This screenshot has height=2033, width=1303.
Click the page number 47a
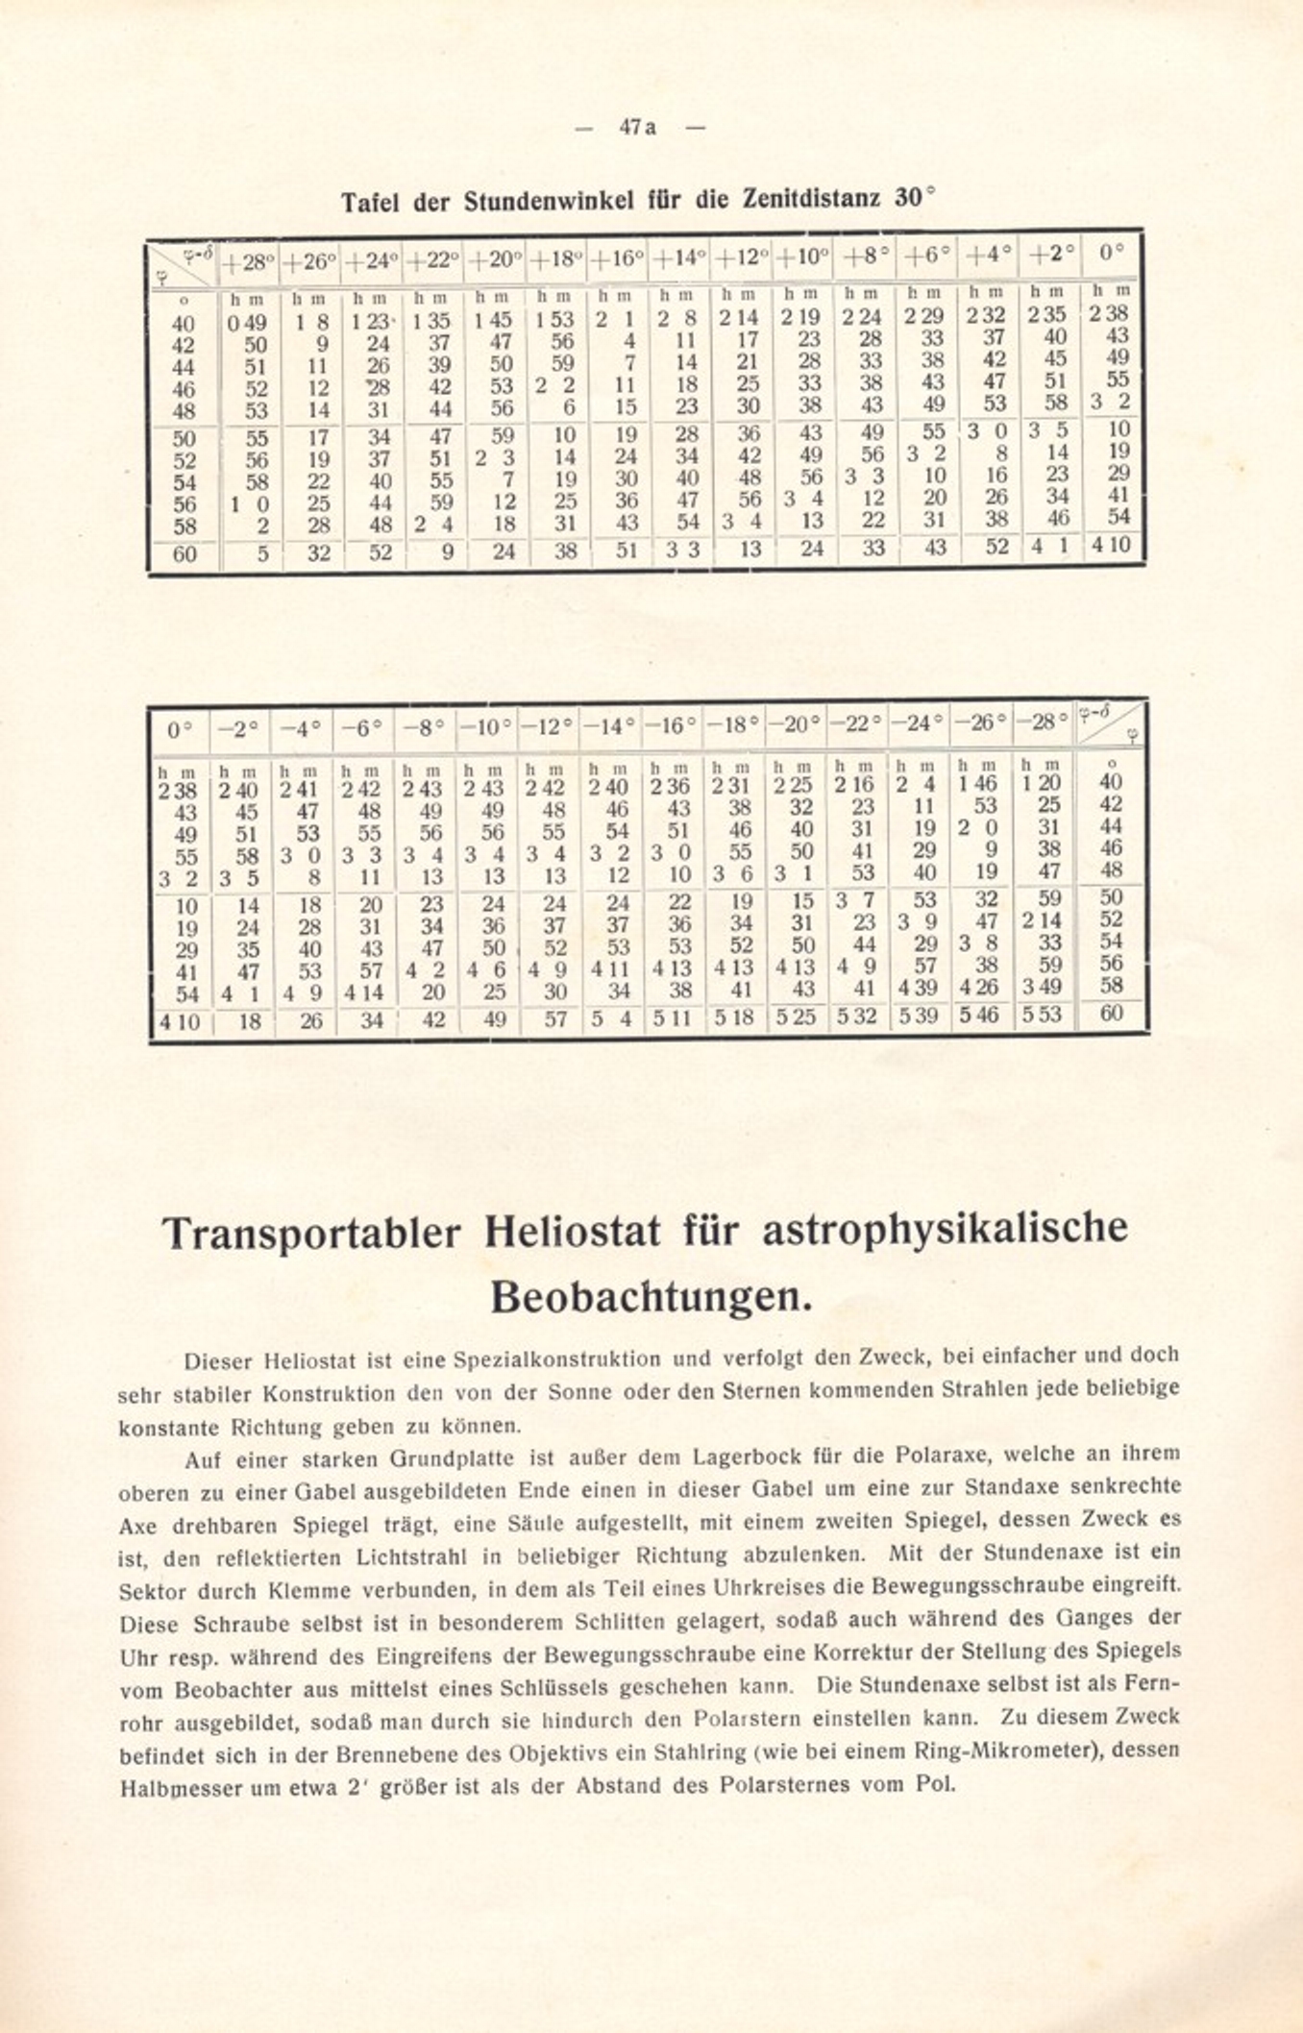pyautogui.click(x=638, y=127)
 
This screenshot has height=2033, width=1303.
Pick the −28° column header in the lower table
pyautogui.click(x=1044, y=723)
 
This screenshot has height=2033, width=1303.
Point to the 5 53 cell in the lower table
pyautogui.click(x=1043, y=1015)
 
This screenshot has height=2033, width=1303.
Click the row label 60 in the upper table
pyautogui.click(x=184, y=554)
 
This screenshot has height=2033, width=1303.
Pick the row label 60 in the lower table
pyautogui.click(x=1111, y=1013)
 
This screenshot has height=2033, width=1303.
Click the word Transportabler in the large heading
pyautogui.click(x=311, y=1233)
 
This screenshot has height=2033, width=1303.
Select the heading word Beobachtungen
pyautogui.click(x=651, y=1298)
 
